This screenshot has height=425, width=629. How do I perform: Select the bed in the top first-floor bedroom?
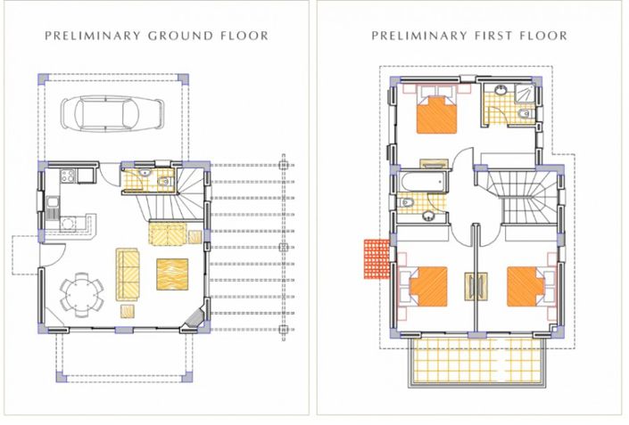pyautogui.click(x=438, y=114)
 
